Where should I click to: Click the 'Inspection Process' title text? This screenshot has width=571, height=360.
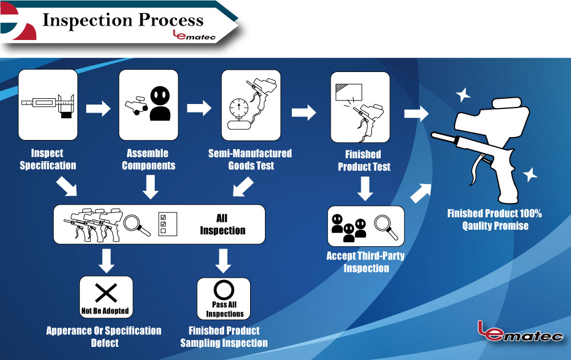click(123, 20)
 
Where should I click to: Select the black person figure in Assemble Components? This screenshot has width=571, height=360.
click(160, 103)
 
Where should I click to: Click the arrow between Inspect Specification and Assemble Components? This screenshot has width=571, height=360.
click(98, 109)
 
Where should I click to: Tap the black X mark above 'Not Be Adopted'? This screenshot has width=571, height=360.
click(106, 293)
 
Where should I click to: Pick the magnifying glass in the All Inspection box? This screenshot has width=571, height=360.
click(137, 223)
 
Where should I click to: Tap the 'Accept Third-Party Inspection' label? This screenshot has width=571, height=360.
click(365, 262)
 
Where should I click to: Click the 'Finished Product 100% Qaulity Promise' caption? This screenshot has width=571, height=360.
click(494, 219)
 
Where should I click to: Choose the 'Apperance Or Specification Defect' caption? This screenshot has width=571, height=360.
click(104, 337)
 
